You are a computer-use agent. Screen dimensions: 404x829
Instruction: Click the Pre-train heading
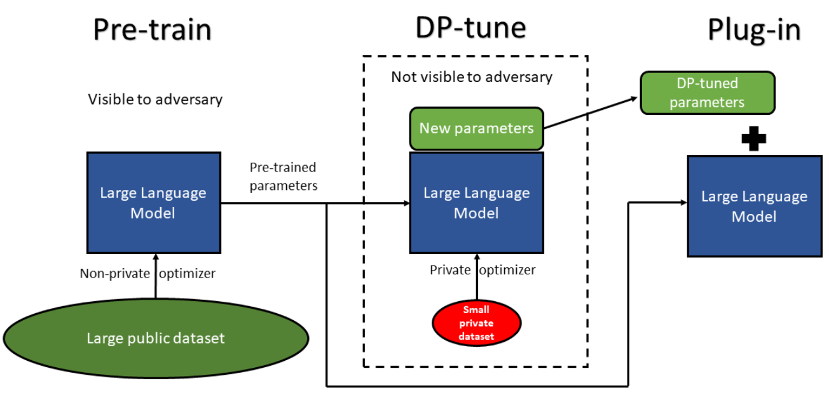152,29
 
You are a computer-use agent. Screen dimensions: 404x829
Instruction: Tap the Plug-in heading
754,29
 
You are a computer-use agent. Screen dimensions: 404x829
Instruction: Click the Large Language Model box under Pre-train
153,203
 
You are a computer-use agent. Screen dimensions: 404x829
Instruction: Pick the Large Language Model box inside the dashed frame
476,203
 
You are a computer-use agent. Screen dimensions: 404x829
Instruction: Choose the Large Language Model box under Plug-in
754,206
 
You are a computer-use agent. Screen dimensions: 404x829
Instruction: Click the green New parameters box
476,128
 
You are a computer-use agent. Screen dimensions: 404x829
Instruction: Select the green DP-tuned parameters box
707,93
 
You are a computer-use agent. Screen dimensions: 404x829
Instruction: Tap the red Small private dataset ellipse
476,323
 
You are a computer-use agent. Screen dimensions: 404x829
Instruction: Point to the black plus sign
754,138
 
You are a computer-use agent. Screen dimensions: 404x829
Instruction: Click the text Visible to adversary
155,100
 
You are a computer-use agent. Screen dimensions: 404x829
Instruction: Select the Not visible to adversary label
471,77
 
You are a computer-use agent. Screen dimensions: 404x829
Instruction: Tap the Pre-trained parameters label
283,177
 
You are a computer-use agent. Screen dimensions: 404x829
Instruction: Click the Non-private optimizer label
147,274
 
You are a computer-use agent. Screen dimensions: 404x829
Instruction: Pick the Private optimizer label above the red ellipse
483,270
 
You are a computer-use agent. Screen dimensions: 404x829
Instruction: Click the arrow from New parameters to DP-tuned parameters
591,112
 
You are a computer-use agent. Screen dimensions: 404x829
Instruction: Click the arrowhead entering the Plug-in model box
683,203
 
